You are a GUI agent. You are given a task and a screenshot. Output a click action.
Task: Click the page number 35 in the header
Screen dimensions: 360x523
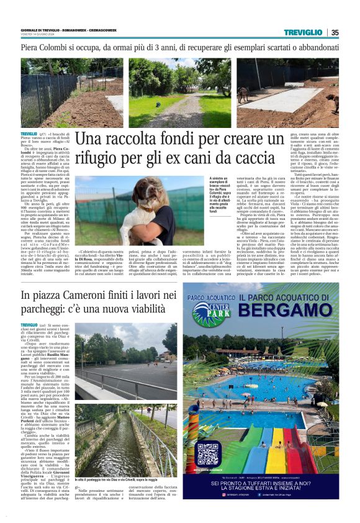(335, 32)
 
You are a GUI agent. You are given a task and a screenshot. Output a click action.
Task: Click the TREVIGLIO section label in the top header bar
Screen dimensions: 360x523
(303, 32)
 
